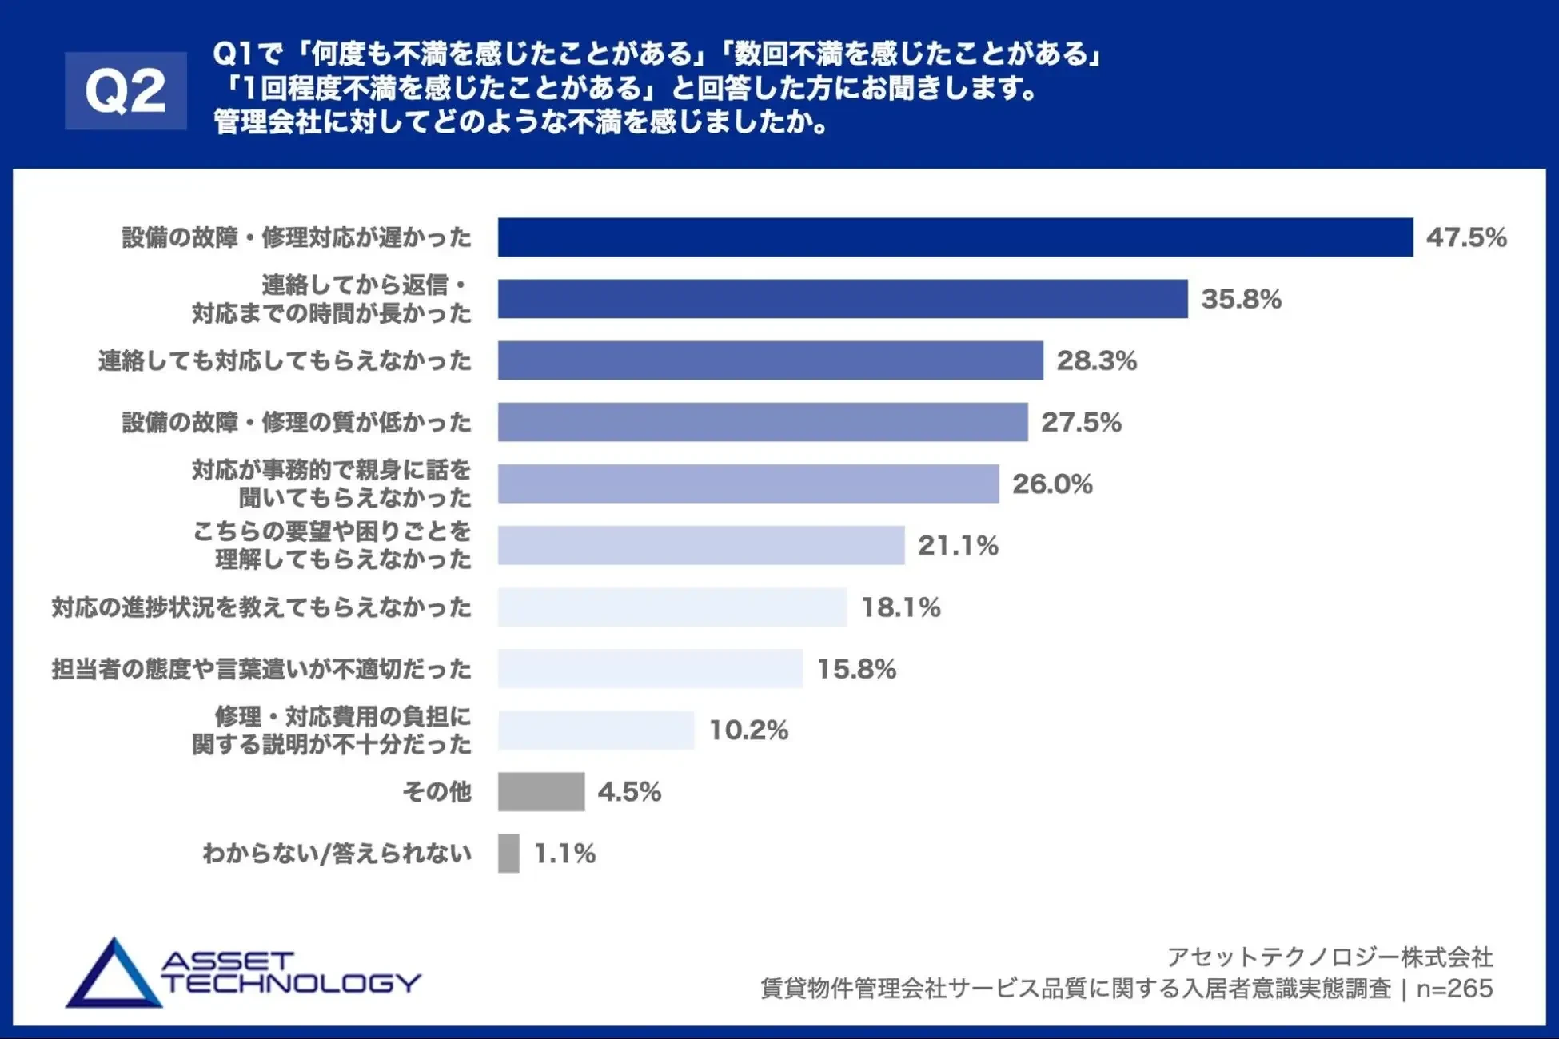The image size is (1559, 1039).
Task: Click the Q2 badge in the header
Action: tap(126, 90)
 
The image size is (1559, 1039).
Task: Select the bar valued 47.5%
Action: tap(955, 237)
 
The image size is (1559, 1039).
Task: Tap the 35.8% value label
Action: tap(1241, 299)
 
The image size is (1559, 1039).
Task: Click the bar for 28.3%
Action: tap(770, 360)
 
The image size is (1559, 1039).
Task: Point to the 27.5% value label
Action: tap(1081, 422)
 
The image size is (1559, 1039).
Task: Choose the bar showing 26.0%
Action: tap(748, 484)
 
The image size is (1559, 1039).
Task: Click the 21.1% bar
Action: tap(700, 545)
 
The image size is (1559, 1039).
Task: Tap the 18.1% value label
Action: tap(900, 607)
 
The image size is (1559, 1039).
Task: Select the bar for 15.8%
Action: tap(649, 668)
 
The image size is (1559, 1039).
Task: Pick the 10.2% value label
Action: tap(748, 730)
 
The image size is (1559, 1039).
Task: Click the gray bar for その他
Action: tap(540, 791)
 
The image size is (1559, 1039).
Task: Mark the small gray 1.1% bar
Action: tap(508, 853)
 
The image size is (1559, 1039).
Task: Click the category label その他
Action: tap(437, 791)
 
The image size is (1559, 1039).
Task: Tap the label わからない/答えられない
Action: tap(337, 854)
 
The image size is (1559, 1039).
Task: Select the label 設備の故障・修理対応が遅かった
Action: tap(297, 237)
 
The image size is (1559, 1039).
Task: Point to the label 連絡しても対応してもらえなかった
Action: tap(285, 361)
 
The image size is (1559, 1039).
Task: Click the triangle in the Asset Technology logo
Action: tap(114, 977)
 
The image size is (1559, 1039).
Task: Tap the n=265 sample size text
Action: tap(1454, 989)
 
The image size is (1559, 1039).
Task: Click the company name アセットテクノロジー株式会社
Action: tap(1330, 957)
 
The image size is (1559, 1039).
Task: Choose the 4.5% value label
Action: tap(629, 792)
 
